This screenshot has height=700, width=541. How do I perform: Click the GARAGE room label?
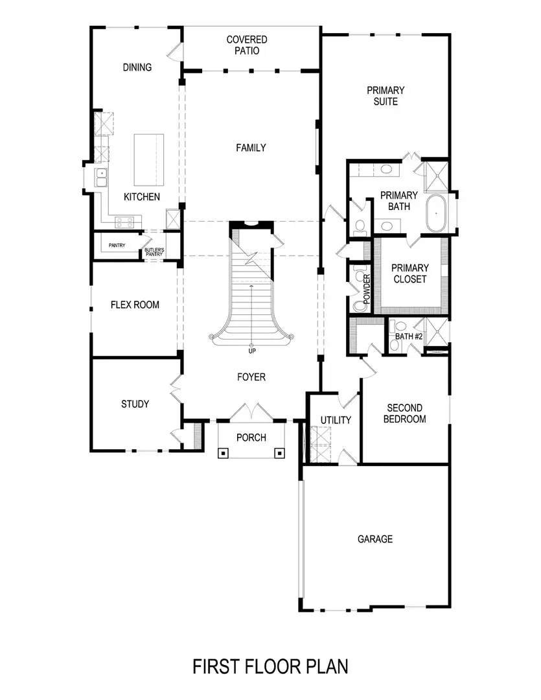375,539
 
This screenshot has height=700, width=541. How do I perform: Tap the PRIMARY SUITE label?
386,96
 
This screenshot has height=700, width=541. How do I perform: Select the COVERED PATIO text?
246,45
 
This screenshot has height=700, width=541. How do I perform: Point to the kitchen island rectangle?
149,159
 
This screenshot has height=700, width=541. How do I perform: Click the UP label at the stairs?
251,351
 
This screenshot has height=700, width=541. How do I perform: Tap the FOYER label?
251,377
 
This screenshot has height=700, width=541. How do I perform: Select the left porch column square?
223,453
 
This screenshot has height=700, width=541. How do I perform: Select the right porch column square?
279,453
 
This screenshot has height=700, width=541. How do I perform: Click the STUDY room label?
135,404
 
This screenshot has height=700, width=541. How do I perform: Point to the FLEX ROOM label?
135,305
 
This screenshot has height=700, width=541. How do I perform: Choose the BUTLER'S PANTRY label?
154,251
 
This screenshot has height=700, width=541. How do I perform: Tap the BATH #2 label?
409,336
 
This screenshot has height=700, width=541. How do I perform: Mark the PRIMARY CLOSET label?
410,274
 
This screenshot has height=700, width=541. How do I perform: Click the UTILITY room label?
336,420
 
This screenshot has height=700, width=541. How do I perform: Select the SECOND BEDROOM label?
405,414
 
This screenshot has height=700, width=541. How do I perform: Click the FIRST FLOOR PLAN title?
270,666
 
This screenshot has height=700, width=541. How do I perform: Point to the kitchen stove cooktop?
125,222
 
